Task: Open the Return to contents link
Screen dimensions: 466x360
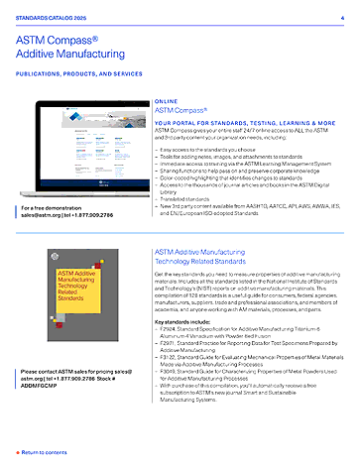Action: coord(44,451)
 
